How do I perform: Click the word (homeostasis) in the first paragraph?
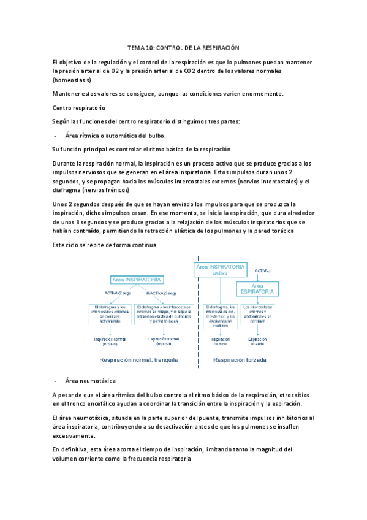(72, 80)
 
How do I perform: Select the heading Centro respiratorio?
(79, 107)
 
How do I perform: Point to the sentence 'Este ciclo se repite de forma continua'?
(105, 245)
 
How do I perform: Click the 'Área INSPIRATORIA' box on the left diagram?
(137, 280)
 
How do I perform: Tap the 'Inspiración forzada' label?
(220, 342)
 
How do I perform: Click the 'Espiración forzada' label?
(257, 342)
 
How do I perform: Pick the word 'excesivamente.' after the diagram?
(74, 436)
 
